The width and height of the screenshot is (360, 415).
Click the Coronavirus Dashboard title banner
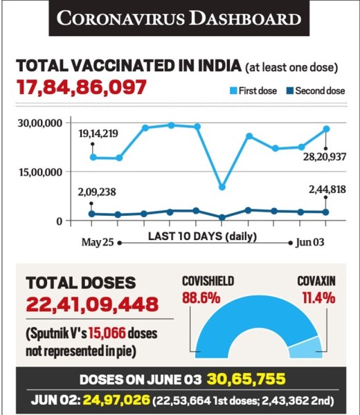click(x=179, y=18)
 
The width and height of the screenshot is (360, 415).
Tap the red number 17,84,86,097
click(x=81, y=87)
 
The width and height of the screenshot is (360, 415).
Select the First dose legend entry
click(x=253, y=91)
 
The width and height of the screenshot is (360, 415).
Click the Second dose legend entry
click(x=316, y=91)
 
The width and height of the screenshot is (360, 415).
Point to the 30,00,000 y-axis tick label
click(x=40, y=123)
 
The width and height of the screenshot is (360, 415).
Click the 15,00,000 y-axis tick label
click(x=41, y=172)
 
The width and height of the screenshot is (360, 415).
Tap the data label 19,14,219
click(x=98, y=133)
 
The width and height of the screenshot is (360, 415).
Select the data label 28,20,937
click(x=325, y=157)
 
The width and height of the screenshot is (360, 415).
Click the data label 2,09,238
click(x=97, y=192)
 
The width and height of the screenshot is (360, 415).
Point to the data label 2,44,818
click(x=327, y=190)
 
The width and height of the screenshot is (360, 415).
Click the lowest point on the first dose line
click(x=222, y=187)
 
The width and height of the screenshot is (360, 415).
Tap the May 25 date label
click(x=98, y=242)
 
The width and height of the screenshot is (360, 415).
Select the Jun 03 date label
click(x=310, y=242)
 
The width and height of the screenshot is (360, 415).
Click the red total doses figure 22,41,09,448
click(x=93, y=304)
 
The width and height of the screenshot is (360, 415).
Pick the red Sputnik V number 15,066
click(x=107, y=333)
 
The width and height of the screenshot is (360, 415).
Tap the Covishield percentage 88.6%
click(x=201, y=298)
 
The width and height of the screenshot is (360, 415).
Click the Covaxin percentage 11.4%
click(x=318, y=298)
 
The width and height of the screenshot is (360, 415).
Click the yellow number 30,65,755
click(x=246, y=379)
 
